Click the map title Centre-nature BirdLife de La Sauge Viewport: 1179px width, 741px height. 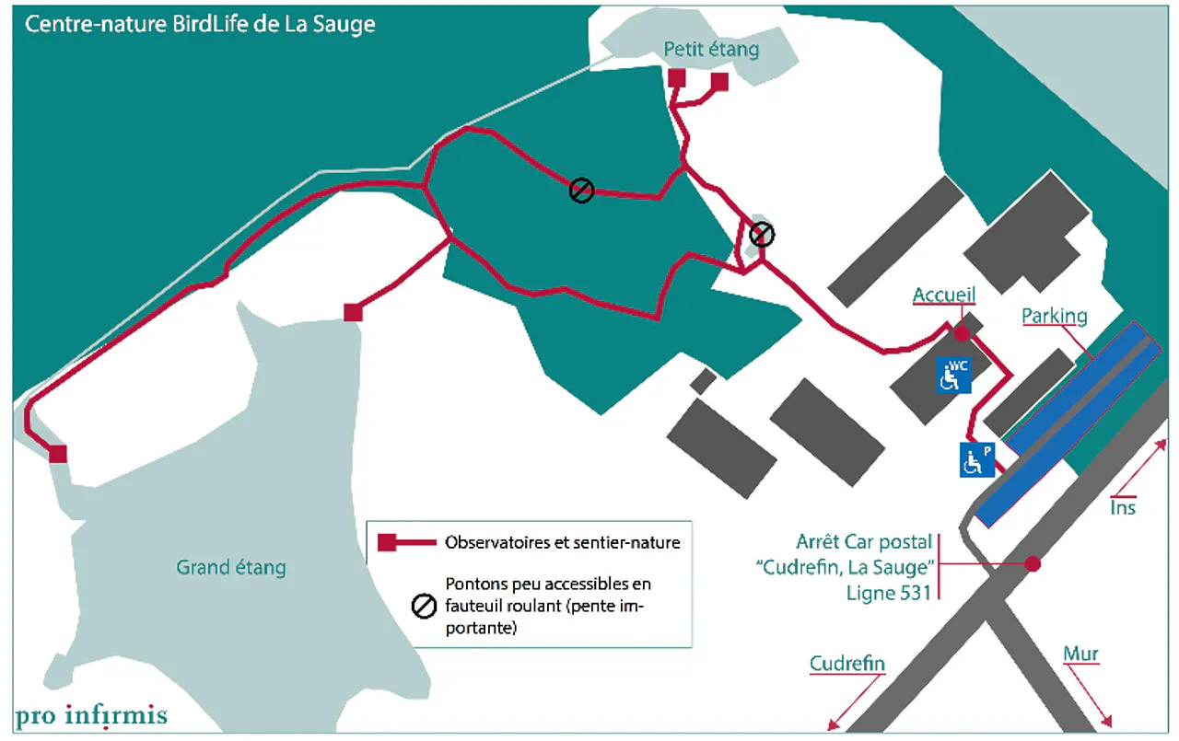tap(200, 25)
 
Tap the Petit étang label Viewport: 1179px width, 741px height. tap(711, 49)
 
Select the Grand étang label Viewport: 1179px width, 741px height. tap(230, 567)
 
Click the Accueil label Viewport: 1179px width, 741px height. tap(943, 295)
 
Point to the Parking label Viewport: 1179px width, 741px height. tap(1054, 316)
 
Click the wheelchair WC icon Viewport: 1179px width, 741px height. tap(953, 376)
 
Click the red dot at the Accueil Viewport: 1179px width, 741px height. tap(962, 333)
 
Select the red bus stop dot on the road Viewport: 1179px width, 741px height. tap(1033, 563)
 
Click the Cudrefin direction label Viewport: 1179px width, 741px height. tap(846, 664)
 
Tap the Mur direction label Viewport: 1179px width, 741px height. tap(1080, 654)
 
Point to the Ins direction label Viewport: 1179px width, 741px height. tap(1123, 507)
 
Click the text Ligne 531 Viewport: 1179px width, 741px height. tap(889, 593)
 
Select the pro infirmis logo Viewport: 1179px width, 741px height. tap(90, 715)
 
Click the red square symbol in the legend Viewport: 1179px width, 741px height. tap(387, 542)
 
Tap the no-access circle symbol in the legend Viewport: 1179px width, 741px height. tap(423, 606)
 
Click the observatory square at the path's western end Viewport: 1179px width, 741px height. tap(58, 453)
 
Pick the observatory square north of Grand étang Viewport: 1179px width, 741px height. tap(352, 313)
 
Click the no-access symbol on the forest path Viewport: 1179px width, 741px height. tap(581, 191)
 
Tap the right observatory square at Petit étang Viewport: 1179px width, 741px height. tap(719, 81)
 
